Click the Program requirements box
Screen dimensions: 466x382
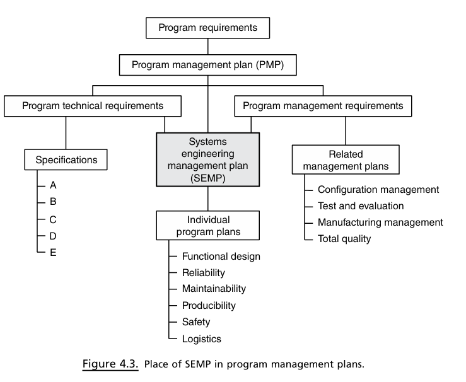click(x=207, y=28)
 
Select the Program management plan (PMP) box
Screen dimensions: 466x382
click(x=207, y=65)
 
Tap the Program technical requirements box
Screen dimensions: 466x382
click(x=93, y=106)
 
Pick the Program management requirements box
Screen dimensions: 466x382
click(x=323, y=106)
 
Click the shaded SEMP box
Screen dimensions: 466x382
click(x=207, y=159)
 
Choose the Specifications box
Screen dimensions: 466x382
click(x=66, y=159)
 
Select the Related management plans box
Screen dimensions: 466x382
click(x=346, y=159)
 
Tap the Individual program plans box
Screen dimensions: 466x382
click(x=207, y=226)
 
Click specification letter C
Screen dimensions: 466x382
click(x=53, y=219)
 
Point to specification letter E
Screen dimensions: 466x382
click(x=53, y=253)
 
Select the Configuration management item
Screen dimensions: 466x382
click(x=378, y=190)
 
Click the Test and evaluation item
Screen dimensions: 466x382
click(x=361, y=206)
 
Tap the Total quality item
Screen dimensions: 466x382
click(x=344, y=239)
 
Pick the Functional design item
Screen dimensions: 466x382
click(x=221, y=257)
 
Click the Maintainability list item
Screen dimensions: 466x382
click(x=214, y=289)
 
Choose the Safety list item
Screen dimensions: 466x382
click(x=196, y=321)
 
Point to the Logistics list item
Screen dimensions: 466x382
click(x=202, y=339)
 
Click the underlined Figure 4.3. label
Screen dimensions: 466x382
click(x=110, y=364)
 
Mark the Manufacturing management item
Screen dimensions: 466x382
click(x=380, y=222)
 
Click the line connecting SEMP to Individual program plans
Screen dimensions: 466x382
click(x=207, y=199)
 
